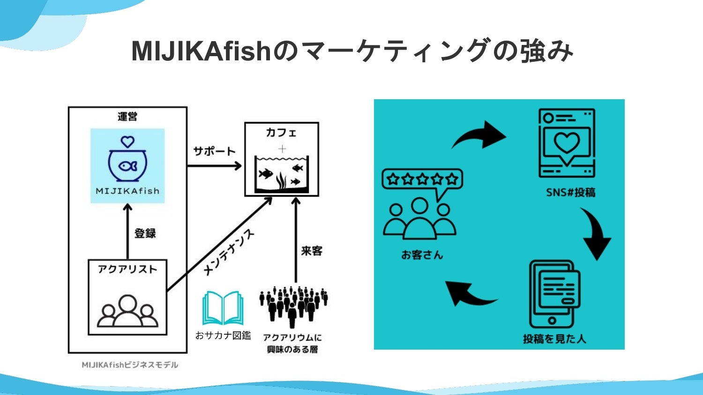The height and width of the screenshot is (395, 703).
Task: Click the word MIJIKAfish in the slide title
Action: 202,51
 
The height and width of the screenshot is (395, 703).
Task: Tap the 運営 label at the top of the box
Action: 127,117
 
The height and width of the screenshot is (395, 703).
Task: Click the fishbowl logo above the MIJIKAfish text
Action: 127,160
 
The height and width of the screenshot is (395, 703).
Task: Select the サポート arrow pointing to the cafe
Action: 215,166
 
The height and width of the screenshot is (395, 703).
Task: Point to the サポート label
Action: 214,151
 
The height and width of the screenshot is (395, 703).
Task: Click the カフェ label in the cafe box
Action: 281,133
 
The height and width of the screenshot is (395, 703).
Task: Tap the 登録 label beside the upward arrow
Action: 145,233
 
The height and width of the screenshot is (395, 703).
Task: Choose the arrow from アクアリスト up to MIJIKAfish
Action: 127,232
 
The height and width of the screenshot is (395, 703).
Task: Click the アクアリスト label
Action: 127,269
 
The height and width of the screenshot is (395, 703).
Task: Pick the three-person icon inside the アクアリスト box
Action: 127,311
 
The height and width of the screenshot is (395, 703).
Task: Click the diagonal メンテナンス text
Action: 229,252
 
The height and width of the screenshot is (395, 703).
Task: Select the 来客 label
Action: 312,251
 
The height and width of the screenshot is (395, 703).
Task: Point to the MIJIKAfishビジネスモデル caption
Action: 130,365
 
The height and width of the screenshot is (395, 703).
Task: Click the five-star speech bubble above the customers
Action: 422,180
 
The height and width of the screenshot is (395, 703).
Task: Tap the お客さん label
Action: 422,255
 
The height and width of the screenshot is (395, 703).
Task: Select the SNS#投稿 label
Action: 570,192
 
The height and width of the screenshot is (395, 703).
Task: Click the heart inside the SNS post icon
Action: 567,142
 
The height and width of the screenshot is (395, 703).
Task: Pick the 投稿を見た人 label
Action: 554,339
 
